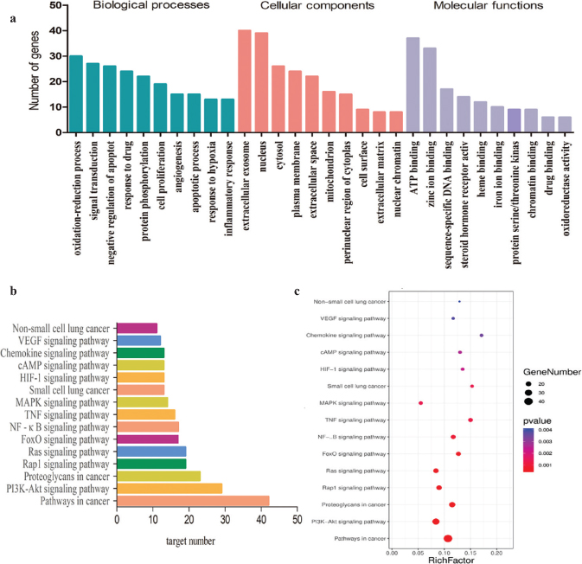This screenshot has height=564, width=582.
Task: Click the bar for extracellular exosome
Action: [x=245, y=80]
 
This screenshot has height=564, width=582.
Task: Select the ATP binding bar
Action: [x=413, y=84]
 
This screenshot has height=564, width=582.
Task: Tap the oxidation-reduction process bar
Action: [x=76, y=93]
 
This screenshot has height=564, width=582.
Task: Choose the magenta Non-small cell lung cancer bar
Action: [x=138, y=328]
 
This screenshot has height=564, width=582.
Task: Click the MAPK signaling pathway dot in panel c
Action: [x=421, y=403]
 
